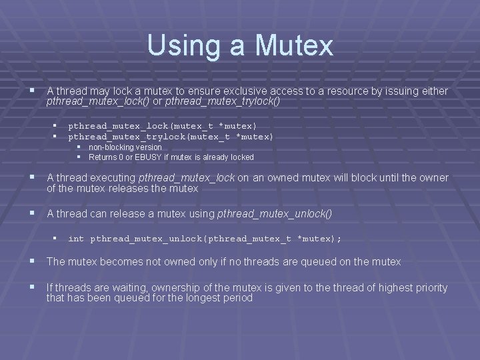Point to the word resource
352,91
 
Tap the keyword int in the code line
76,238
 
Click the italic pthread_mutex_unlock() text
275,214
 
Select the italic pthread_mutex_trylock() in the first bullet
223,101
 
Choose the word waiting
130,287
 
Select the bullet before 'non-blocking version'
79,147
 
